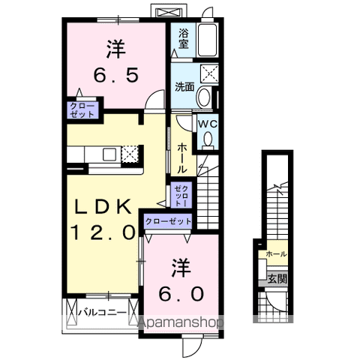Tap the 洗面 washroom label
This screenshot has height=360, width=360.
[184, 87]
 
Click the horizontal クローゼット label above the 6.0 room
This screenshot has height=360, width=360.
[168, 221]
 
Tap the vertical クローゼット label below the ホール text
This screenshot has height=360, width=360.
[180, 196]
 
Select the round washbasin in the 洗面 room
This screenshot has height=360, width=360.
[204, 97]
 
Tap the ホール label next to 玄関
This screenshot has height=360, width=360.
[275, 255]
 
